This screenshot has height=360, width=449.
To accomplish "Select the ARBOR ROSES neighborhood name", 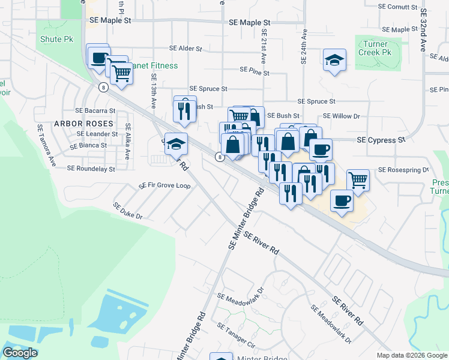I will pyautogui.click(x=83, y=123).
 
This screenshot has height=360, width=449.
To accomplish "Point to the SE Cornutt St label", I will pyautogui.click(x=398, y=7).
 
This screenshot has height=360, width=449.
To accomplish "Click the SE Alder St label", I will pyautogui.click(x=185, y=48).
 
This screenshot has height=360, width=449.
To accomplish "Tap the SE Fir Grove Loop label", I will pyautogui.click(x=164, y=185).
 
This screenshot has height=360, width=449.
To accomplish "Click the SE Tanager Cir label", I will pyautogui.click(x=237, y=337).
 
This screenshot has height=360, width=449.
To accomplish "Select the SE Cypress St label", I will pyautogui.click(x=381, y=140).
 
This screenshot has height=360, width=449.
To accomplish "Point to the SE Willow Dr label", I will pyautogui.click(x=341, y=116).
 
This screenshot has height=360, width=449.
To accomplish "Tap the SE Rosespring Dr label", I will pyautogui.click(x=403, y=170).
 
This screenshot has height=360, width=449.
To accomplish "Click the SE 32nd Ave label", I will pyautogui.click(x=423, y=30).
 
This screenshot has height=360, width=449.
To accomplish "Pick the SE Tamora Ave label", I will pyautogui.click(x=46, y=146).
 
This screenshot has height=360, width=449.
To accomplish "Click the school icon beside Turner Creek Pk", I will pyautogui.click(x=334, y=60).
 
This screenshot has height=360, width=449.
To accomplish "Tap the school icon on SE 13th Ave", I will pyautogui.click(x=176, y=144).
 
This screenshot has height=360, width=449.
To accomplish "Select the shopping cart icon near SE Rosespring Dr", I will pyautogui.click(x=358, y=179).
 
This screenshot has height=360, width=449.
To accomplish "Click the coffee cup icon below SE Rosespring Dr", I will pyautogui.click(x=342, y=200).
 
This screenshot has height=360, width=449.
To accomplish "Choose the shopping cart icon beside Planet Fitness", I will pyautogui.click(x=121, y=73).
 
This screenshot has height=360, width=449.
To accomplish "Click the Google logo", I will pyautogui.click(x=20, y=353).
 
